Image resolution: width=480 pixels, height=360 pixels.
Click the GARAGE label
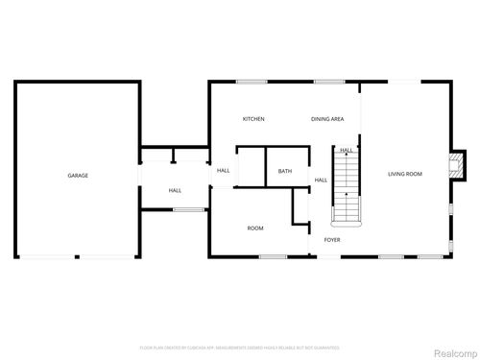78,176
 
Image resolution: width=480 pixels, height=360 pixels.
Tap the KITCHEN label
253,119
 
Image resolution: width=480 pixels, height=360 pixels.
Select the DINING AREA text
327,119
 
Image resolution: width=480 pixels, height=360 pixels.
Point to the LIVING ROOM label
405,174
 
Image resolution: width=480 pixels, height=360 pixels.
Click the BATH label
285,171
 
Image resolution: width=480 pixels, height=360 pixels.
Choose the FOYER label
332,240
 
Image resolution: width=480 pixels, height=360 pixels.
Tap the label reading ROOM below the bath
255,228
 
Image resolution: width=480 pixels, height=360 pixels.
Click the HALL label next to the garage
176,190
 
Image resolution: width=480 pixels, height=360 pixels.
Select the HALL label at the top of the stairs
346,150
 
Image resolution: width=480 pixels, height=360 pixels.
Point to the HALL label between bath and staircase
322,180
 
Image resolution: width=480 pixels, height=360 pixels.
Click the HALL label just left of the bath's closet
223,170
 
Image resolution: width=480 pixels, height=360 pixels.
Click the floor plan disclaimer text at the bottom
240,347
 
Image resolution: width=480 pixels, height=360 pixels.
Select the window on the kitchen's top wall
252,82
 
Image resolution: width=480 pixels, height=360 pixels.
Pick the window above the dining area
327,82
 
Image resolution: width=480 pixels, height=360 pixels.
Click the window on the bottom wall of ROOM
273,256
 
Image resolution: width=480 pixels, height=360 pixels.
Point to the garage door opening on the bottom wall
78,256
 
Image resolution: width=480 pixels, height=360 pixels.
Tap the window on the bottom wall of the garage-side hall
188,209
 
